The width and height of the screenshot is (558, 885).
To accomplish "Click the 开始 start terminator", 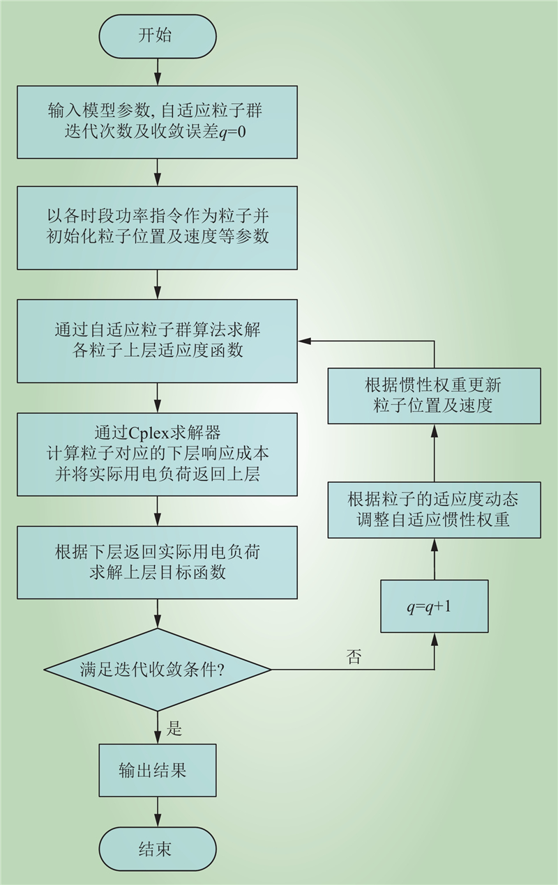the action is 158,36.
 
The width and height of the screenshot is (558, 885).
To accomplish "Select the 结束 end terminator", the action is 158,849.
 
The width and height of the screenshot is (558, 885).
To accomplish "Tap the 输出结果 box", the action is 158,771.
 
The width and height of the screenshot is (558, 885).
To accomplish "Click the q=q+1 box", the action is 435,606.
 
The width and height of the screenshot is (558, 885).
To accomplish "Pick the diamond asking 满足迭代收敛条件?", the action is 158,670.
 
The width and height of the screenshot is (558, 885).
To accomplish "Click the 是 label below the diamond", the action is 174,728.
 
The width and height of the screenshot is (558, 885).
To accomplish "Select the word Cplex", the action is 149,433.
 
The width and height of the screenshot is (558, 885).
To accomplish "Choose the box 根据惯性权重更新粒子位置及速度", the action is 435,396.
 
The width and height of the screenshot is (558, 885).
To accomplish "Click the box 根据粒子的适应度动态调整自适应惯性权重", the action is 435,509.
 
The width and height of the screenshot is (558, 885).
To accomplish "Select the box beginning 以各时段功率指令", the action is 158,228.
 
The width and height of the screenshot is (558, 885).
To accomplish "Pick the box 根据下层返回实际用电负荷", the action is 158,562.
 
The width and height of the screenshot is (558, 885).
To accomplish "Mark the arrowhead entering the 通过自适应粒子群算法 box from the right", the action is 303,341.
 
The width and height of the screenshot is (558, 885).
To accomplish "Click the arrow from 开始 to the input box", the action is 158,72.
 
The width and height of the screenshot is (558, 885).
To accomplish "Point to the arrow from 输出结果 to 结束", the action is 158,812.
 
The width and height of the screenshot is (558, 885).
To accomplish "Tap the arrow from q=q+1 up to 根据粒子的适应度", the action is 435,559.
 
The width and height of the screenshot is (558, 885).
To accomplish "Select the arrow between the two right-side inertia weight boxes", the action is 435,453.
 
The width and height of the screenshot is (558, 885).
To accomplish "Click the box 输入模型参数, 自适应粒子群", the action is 158,122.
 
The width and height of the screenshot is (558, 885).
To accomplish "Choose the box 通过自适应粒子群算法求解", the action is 158,341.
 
